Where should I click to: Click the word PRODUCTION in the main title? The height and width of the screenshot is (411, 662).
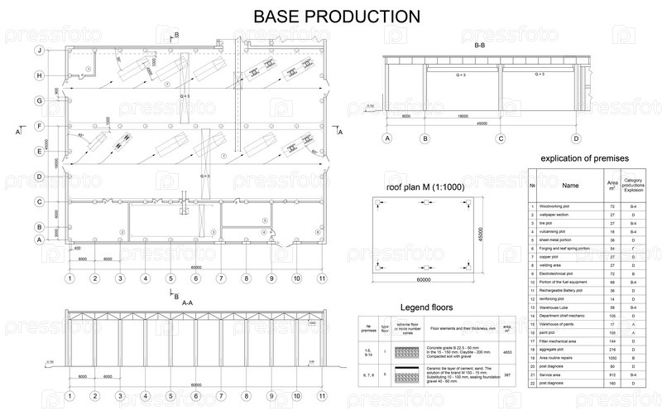(365, 16)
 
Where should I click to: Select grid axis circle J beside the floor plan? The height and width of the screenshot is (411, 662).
(39, 51)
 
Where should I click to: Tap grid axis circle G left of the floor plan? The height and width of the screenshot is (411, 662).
(39, 101)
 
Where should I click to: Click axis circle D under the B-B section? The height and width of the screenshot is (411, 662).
(576, 138)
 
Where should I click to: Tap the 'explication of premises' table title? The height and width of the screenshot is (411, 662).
(585, 157)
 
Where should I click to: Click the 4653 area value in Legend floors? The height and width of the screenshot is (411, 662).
(508, 351)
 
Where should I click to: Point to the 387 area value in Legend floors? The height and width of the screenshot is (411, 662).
(508, 375)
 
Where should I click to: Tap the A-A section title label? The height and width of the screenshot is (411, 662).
(187, 304)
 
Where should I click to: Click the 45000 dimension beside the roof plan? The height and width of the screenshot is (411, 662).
(479, 236)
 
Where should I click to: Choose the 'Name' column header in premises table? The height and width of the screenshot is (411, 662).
(571, 186)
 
